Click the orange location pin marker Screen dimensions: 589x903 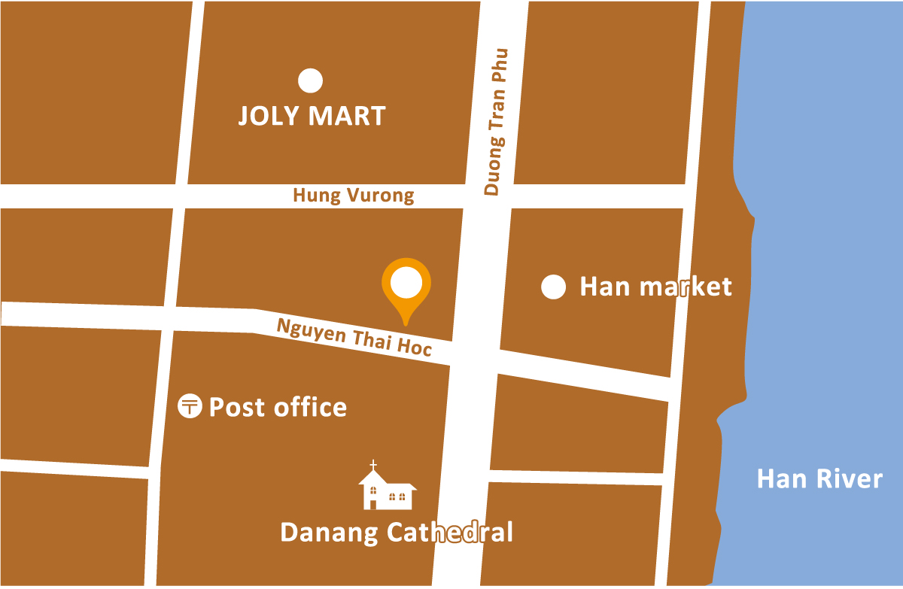click(x=407, y=290)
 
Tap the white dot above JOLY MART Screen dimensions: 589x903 click(x=310, y=80)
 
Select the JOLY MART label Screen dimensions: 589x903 click(x=312, y=117)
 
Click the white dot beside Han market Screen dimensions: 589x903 click(x=554, y=287)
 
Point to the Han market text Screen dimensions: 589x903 click(x=655, y=287)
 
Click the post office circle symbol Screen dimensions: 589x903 click(x=189, y=407)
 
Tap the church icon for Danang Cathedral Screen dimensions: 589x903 click(x=387, y=489)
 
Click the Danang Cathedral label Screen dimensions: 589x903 click(x=397, y=533)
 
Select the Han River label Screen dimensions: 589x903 click(x=819, y=479)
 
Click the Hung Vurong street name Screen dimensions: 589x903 click(x=354, y=196)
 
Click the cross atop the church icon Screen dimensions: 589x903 click(x=373, y=465)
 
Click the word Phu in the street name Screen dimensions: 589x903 click(x=498, y=65)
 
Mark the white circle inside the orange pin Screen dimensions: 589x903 click(x=407, y=283)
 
